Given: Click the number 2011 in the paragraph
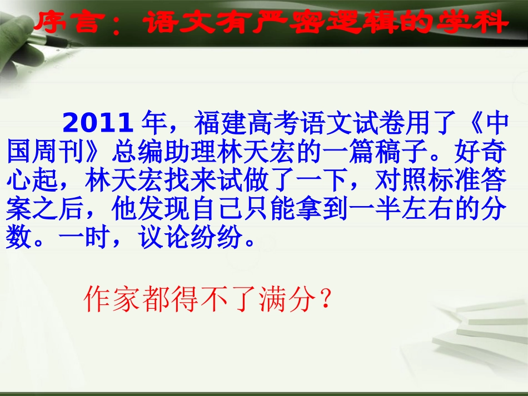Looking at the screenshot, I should coord(97,123).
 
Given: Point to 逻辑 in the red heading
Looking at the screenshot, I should coord(363,24).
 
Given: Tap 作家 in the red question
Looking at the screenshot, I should coord(105,300).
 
